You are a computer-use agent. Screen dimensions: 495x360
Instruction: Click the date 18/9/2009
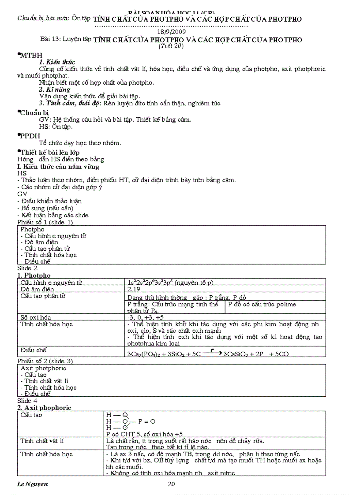point(172,32)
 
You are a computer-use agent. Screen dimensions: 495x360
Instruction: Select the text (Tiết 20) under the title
point(171,46)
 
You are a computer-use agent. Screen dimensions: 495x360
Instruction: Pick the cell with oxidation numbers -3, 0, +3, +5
point(145,317)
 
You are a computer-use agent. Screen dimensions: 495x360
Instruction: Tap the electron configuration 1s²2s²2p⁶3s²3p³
point(169,282)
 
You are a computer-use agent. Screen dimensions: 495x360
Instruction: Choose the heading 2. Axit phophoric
point(44,408)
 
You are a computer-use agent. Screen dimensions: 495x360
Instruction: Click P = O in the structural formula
point(146,421)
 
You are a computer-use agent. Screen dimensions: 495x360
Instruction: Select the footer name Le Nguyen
point(33,484)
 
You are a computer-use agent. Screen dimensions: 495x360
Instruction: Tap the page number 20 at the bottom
point(172,484)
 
